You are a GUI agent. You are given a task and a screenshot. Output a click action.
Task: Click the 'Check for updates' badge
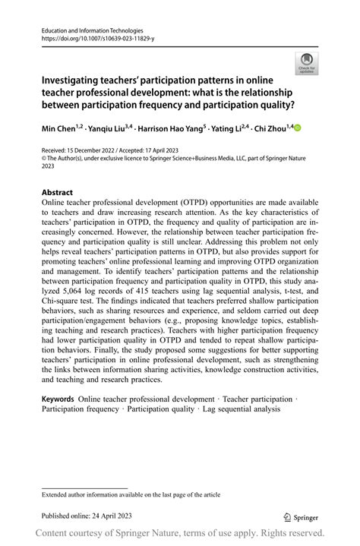tap(307, 63)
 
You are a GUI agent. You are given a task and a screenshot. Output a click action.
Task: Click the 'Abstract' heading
tap(58, 192)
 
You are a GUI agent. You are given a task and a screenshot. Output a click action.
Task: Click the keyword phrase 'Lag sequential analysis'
tap(238, 409)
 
